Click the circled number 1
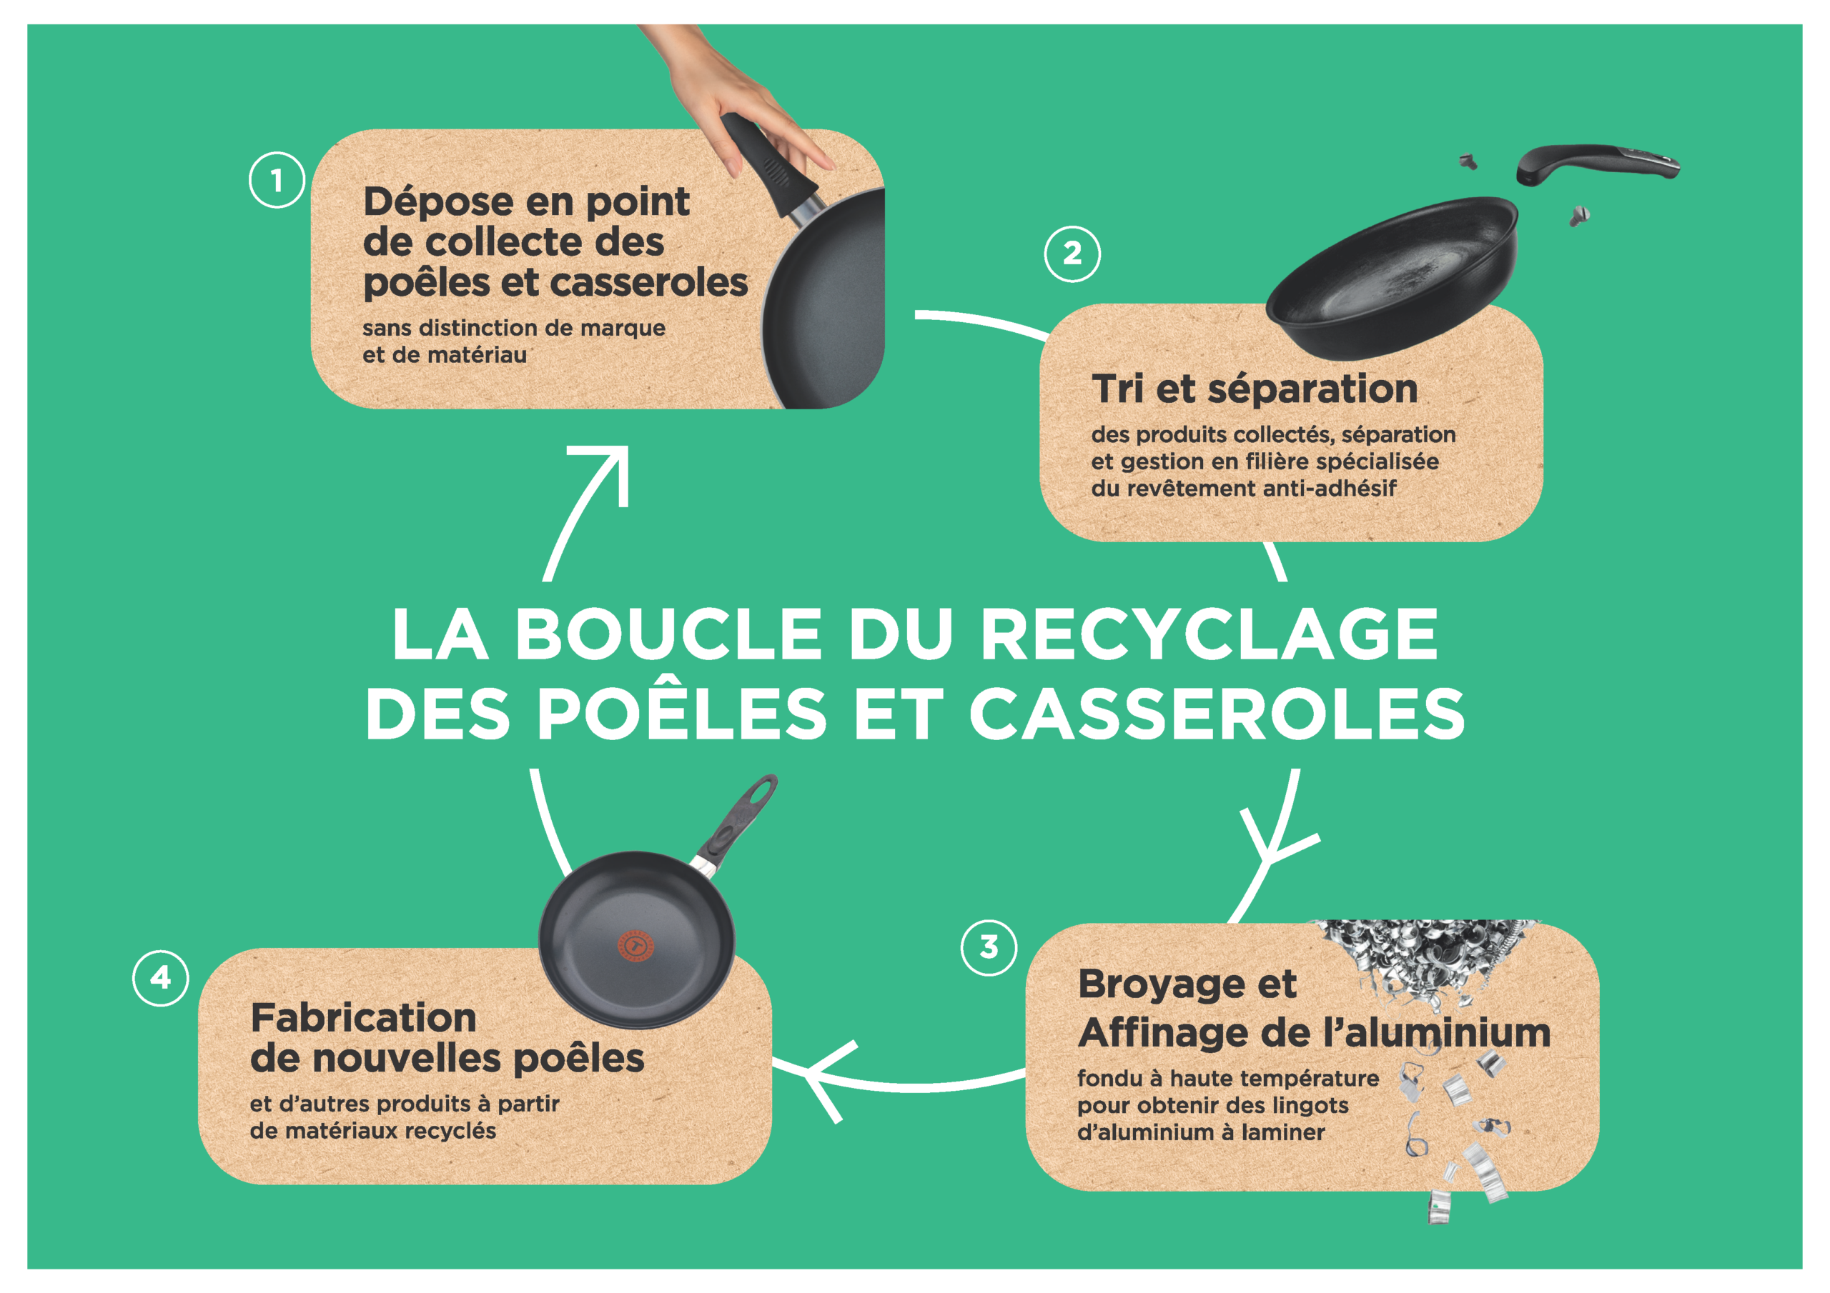277,180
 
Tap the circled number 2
1072,254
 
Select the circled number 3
989,947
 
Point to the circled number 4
160,977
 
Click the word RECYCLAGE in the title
1209,634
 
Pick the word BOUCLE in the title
668,634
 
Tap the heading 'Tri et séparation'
1255,389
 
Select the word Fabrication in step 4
363,1017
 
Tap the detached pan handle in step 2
1596,164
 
